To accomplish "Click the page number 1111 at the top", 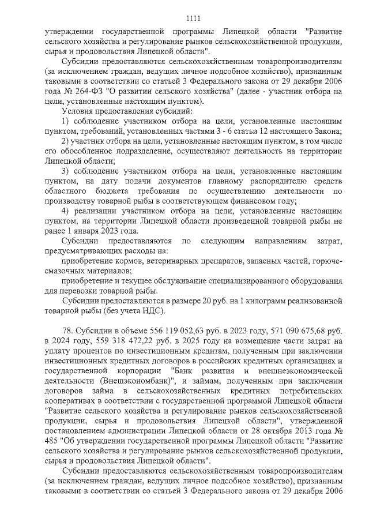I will click(x=184, y=17).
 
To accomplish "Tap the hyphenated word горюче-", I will click(x=327, y=261).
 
